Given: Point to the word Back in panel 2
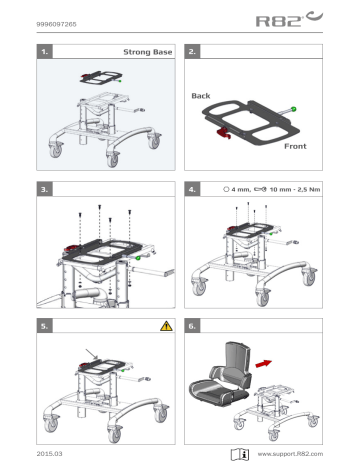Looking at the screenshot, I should tap(202, 95).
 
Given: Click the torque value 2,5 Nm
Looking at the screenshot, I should tap(304, 188).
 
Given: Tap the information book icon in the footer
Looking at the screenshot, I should tap(241, 453).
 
